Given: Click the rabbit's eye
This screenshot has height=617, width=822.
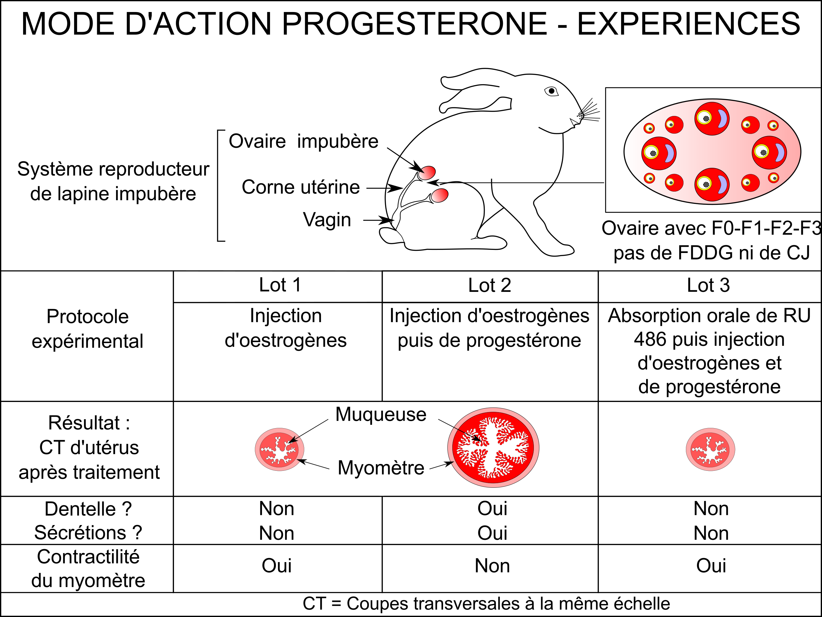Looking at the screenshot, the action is point(551,91).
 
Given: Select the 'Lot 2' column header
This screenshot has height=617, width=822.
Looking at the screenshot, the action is point(490,285).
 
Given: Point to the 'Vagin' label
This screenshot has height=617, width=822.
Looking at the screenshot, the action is point(327,220).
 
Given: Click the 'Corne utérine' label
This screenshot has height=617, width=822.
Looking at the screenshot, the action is point(301,187).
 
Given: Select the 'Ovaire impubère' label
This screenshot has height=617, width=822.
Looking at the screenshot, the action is point(303,141).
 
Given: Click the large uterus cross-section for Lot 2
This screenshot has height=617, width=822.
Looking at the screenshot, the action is point(493,448).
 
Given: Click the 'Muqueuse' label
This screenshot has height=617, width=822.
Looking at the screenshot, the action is point(381,414).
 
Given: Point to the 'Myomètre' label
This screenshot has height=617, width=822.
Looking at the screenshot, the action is point(381,468).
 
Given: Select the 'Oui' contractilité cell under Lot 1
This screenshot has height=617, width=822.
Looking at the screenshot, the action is point(276,566).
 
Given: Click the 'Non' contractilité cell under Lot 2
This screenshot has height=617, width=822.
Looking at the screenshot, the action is point(492,566).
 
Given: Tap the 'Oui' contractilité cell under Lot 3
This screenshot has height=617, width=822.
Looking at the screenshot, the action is point(711,566).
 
